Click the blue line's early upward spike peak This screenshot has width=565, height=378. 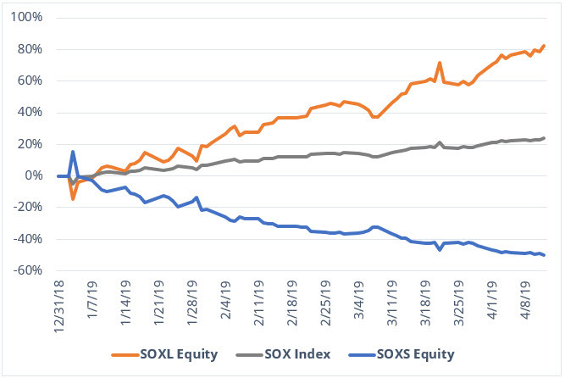pos(73,152)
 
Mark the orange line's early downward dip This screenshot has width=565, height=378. pos(73,199)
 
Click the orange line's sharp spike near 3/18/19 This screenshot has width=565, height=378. pos(440,63)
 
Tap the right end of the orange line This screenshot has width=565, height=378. pos(544,46)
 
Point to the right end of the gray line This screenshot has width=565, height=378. pos(544,138)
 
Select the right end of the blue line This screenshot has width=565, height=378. pos(544,255)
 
